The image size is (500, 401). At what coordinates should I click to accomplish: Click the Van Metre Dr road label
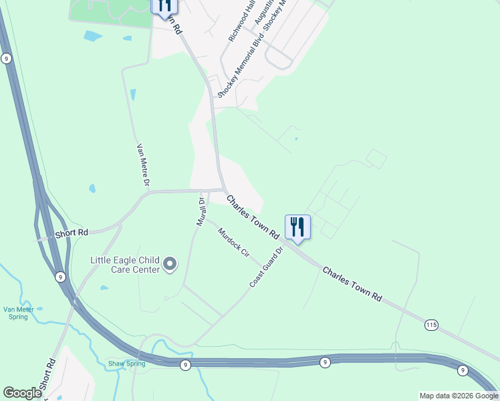click(143, 164)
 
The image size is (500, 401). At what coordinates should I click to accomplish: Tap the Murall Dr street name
click(199, 211)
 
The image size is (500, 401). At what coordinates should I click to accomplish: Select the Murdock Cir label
click(233, 243)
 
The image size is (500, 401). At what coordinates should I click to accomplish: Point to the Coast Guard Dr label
click(267, 267)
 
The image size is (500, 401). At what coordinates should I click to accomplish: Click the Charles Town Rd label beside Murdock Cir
click(252, 217)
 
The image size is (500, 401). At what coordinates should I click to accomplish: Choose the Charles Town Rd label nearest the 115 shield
click(352, 284)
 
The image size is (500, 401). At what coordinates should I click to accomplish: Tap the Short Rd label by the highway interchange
click(72, 233)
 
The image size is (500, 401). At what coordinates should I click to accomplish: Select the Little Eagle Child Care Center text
click(126, 265)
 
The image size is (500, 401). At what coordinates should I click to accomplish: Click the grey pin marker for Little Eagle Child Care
click(170, 265)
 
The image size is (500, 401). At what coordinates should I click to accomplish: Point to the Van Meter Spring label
click(16, 313)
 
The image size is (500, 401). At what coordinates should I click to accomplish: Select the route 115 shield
click(431, 325)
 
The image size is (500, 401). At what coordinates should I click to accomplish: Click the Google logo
click(22, 393)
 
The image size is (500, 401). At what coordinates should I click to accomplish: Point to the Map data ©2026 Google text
click(459, 396)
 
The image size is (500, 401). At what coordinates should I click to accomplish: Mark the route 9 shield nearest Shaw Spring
click(185, 365)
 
